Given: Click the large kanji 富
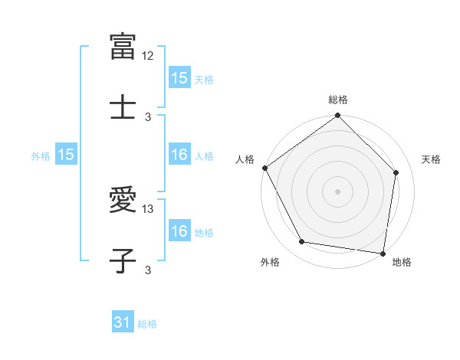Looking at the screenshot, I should [x=123, y=47].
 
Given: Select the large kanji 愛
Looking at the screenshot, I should [x=123, y=200].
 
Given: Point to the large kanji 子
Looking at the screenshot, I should [x=123, y=260].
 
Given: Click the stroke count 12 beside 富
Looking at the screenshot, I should [x=149, y=56].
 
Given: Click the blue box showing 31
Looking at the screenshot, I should [x=123, y=323].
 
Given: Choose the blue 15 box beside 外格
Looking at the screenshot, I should [x=66, y=155].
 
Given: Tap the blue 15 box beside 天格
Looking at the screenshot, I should [x=179, y=78].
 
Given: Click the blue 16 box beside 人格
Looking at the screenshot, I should [x=179, y=155].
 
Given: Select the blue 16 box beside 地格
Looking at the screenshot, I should [x=179, y=231].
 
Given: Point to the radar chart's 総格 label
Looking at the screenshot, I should [x=338, y=100].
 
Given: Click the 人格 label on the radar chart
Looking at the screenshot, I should [x=245, y=159].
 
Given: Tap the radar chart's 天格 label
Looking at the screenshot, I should [x=432, y=159].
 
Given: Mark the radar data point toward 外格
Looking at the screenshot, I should [x=302, y=242].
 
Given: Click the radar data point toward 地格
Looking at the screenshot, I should [x=383, y=253].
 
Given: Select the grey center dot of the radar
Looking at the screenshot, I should [x=338, y=191].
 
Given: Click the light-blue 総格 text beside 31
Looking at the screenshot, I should [x=147, y=324].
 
